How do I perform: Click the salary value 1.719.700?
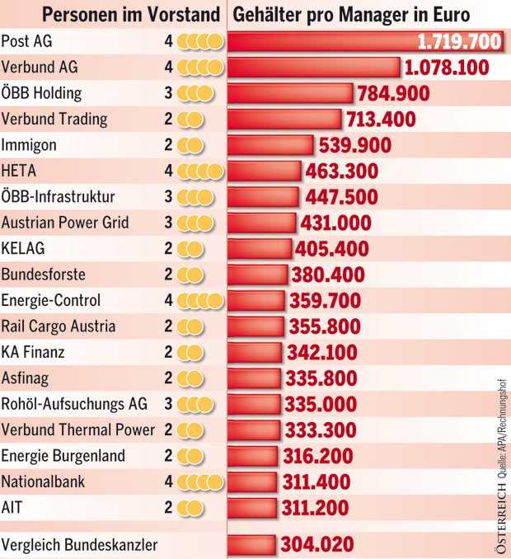coord(458,41)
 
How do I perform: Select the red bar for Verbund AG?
coord(313,67)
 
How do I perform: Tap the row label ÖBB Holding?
coord(41,92)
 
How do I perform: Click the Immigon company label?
coord(30,144)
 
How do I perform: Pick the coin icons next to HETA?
coord(201,171)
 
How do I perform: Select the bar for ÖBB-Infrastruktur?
coord(264,197)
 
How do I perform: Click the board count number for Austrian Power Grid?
coord(168,223)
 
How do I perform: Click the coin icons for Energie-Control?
coord(201,300)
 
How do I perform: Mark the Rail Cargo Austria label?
coord(59,326)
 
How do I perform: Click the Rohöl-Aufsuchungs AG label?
coord(74,404)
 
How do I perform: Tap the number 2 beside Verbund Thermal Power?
coord(168,430)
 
